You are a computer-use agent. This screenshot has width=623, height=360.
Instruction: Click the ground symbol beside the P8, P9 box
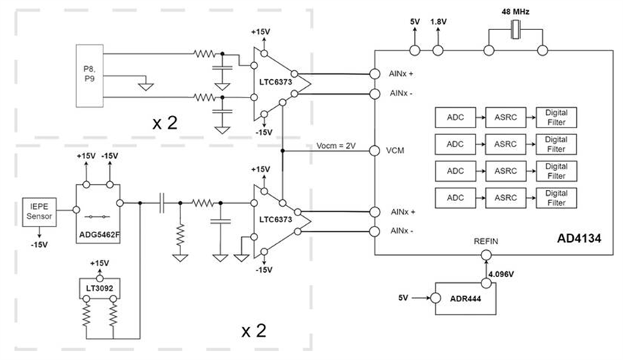146,86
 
